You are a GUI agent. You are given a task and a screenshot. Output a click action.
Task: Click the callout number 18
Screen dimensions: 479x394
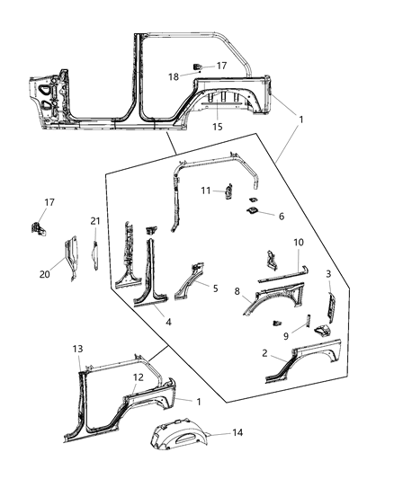pyautogui.click(x=174, y=77)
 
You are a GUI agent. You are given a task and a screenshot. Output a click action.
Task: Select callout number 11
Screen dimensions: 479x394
pyautogui.click(x=204, y=191)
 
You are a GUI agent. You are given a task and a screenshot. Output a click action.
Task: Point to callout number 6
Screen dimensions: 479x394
pyautogui.click(x=282, y=216)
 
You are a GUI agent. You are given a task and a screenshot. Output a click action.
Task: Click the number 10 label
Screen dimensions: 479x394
pyautogui.click(x=299, y=243)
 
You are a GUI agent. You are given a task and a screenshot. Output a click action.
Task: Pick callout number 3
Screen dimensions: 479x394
pyautogui.click(x=328, y=273)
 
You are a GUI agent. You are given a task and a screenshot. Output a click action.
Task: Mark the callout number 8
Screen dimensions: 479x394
pyautogui.click(x=237, y=292)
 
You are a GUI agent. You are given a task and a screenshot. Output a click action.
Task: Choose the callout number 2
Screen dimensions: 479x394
pyautogui.click(x=264, y=354)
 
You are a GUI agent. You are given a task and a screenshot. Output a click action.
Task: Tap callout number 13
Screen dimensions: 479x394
pyautogui.click(x=77, y=348)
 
